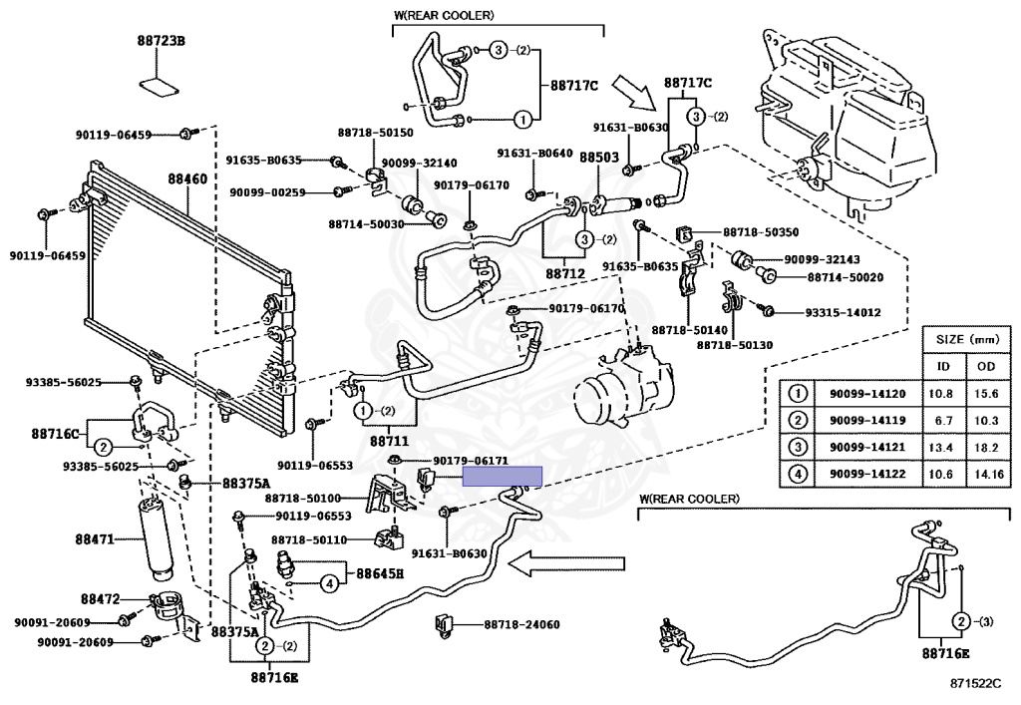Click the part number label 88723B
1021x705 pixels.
tap(162, 41)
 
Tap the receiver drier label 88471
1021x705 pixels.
tap(96, 539)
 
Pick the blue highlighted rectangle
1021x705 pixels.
tap(503, 476)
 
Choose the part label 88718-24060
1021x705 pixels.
tap(522, 625)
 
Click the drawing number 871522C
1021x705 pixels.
tap(974, 685)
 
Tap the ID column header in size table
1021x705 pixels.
tap(943, 366)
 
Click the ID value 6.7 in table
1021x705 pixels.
tap(943, 420)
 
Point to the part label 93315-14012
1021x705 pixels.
tap(844, 312)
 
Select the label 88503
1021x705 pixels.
tap(599, 158)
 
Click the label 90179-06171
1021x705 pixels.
tap(472, 461)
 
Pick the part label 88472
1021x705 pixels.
tap(101, 599)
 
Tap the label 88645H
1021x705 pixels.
tap(380, 573)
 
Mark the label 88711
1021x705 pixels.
tap(390, 439)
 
